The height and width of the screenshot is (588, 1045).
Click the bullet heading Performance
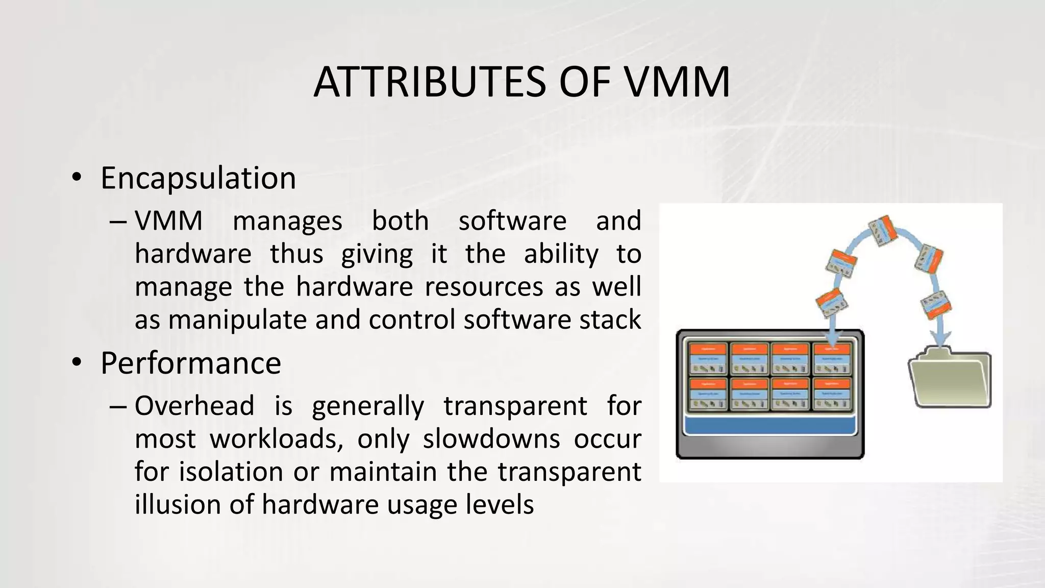[x=190, y=363]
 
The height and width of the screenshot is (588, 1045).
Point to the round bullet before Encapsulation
[x=77, y=178]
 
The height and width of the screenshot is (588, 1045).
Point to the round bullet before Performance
[x=77, y=363]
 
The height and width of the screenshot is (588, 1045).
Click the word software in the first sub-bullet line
[x=512, y=221]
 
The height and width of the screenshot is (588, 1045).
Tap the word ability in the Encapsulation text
[x=561, y=254]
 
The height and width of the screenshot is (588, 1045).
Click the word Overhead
[x=194, y=406]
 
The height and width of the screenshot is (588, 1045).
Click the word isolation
[x=231, y=472]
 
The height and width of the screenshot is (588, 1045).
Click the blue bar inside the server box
[x=769, y=425]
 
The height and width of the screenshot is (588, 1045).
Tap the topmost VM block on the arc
[x=883, y=231]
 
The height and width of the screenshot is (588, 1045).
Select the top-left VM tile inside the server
[x=708, y=359]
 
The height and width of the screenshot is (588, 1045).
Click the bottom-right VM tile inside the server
[x=831, y=394]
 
